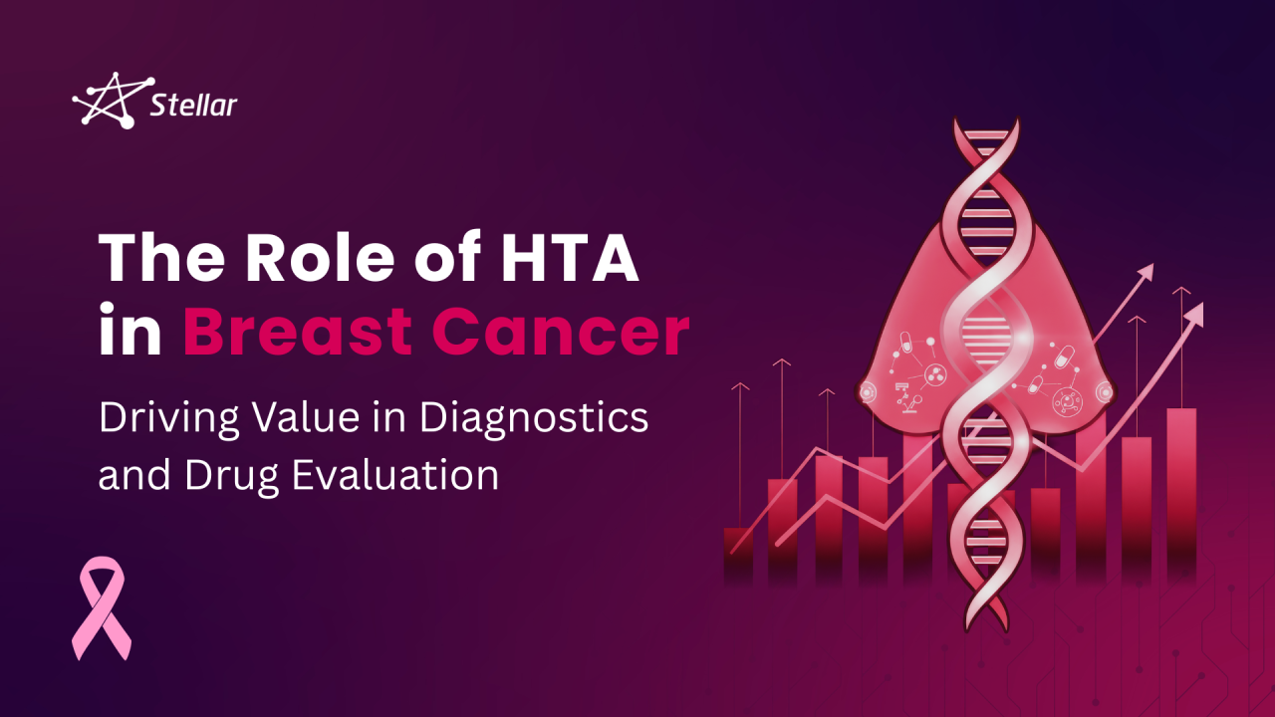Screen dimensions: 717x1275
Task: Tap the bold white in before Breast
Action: [129, 333]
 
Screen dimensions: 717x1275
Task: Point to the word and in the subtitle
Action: [133, 475]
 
